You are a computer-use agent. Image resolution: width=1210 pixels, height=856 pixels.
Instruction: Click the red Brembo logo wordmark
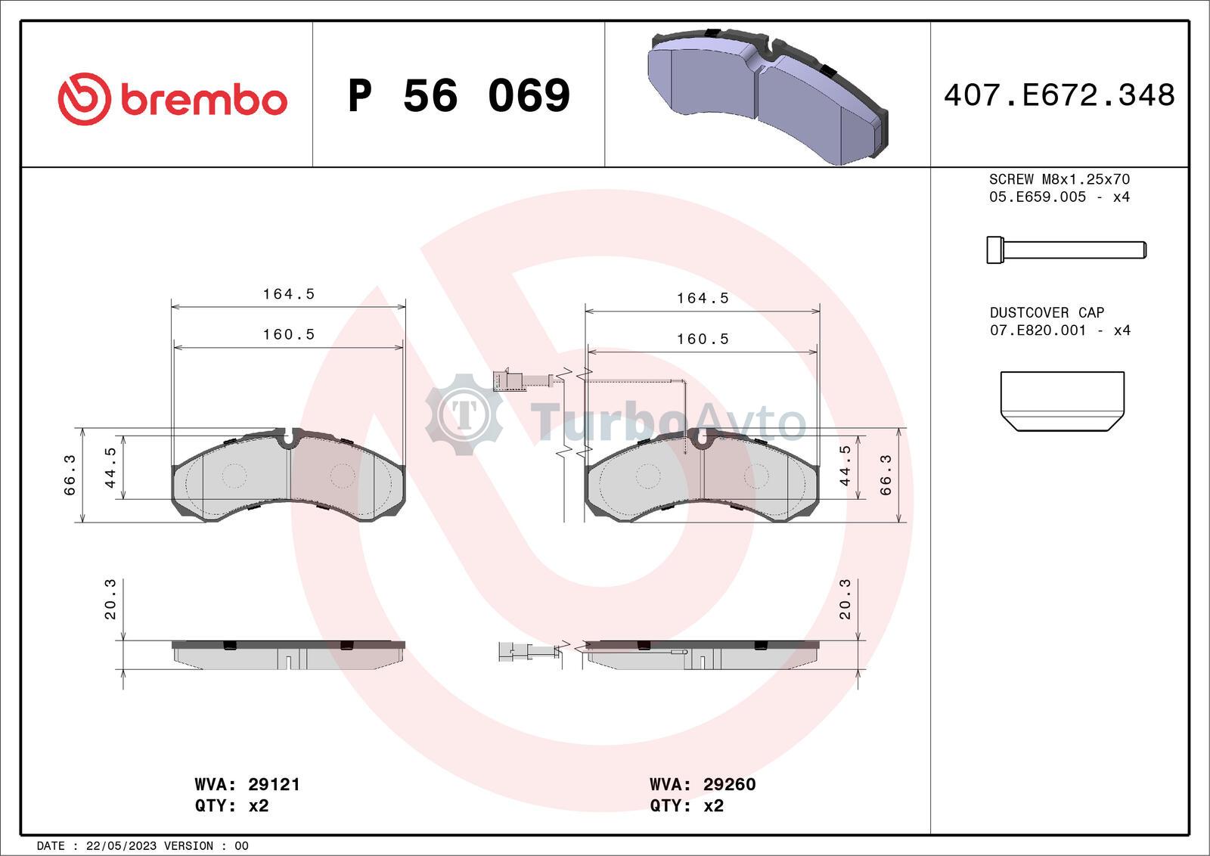(203, 99)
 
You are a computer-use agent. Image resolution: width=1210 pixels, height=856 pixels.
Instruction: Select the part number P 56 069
(459, 95)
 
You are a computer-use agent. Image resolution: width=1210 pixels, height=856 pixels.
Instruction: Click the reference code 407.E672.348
(1060, 95)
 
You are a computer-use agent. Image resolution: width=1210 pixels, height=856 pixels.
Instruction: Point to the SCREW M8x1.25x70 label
(1060, 178)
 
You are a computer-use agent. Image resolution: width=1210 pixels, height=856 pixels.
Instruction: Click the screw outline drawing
(1066, 250)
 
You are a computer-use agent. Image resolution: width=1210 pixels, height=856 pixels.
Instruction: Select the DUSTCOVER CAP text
(1047, 312)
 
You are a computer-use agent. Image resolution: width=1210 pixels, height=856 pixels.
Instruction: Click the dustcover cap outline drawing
(1062, 402)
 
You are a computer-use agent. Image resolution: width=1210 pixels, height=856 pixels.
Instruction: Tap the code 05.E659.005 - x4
(1060, 197)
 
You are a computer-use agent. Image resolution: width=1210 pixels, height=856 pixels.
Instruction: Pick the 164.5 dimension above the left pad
(288, 294)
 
